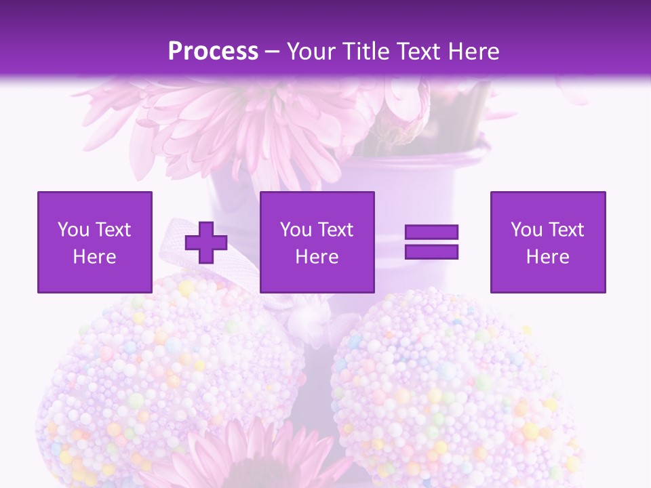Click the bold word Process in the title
pyautogui.click(x=213, y=52)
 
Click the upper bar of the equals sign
pyautogui.click(x=431, y=232)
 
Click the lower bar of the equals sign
pyautogui.click(x=431, y=252)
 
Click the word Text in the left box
pyautogui.click(x=113, y=230)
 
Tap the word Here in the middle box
pyautogui.click(x=317, y=257)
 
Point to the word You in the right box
pyautogui.click(x=526, y=230)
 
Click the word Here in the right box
pyautogui.click(x=547, y=257)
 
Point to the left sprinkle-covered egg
pyautogui.click(x=170, y=380)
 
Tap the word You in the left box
pyautogui.click(x=73, y=230)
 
